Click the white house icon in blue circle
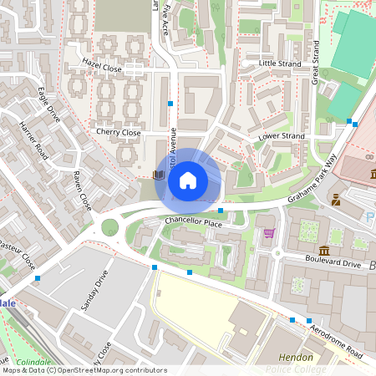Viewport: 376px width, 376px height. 188,180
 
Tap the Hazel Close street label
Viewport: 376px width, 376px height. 102,64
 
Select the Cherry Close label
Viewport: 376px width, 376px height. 118,132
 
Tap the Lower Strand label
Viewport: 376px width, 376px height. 281,135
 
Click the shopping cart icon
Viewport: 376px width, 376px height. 268,233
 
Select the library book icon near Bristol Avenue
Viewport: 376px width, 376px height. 158,175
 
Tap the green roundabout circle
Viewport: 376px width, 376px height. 109,226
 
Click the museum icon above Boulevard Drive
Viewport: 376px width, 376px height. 324,251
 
